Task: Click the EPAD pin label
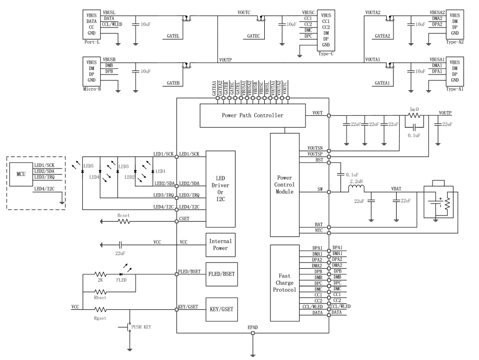[252, 327]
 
